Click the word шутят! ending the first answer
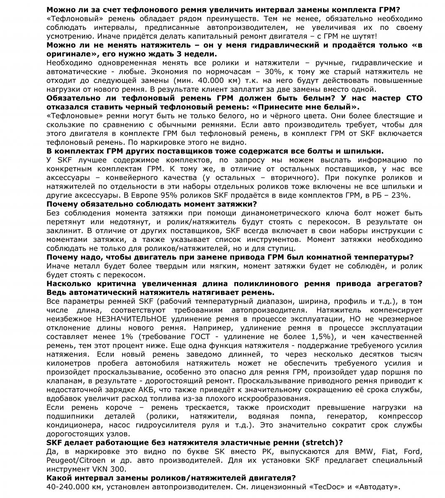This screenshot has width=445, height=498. point(363,36)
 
